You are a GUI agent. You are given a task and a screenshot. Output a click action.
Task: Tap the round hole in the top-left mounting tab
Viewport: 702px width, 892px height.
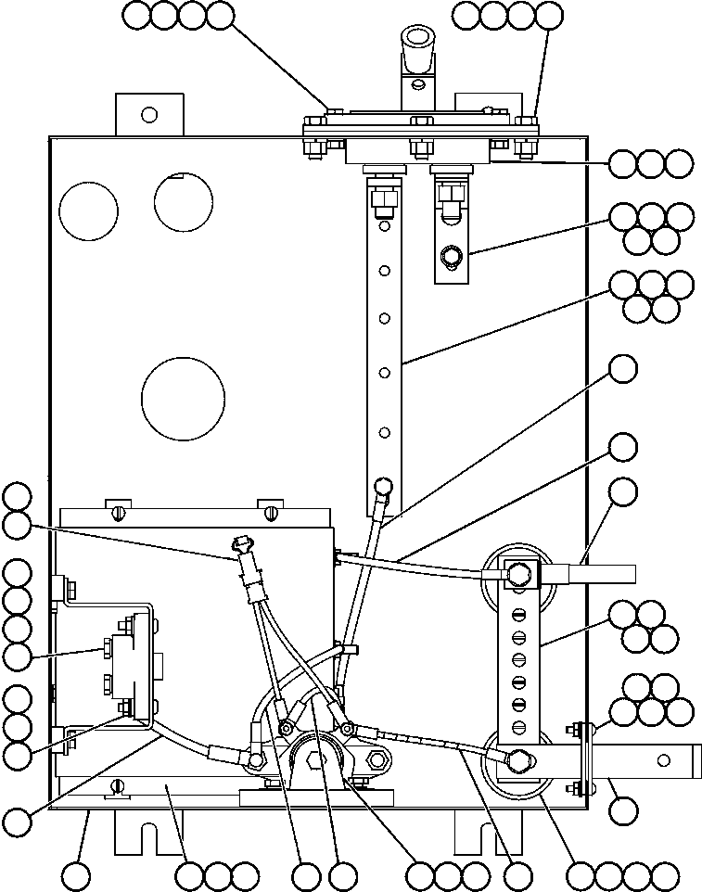coord(147,114)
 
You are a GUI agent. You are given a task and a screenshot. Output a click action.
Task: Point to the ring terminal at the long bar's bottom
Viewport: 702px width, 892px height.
coord(381,486)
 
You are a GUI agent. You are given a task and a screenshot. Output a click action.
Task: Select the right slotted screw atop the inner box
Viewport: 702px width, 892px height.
coord(270,511)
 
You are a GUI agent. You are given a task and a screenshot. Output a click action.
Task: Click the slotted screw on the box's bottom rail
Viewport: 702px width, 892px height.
coord(116,787)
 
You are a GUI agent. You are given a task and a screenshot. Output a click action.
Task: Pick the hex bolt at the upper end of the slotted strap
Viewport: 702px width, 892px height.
coord(518,575)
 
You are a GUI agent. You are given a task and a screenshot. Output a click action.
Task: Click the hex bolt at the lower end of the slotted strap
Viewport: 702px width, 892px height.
coord(518,761)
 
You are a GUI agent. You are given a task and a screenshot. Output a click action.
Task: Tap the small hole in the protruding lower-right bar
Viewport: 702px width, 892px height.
coord(662,760)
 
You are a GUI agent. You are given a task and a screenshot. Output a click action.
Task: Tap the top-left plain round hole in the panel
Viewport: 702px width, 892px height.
coord(88,209)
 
